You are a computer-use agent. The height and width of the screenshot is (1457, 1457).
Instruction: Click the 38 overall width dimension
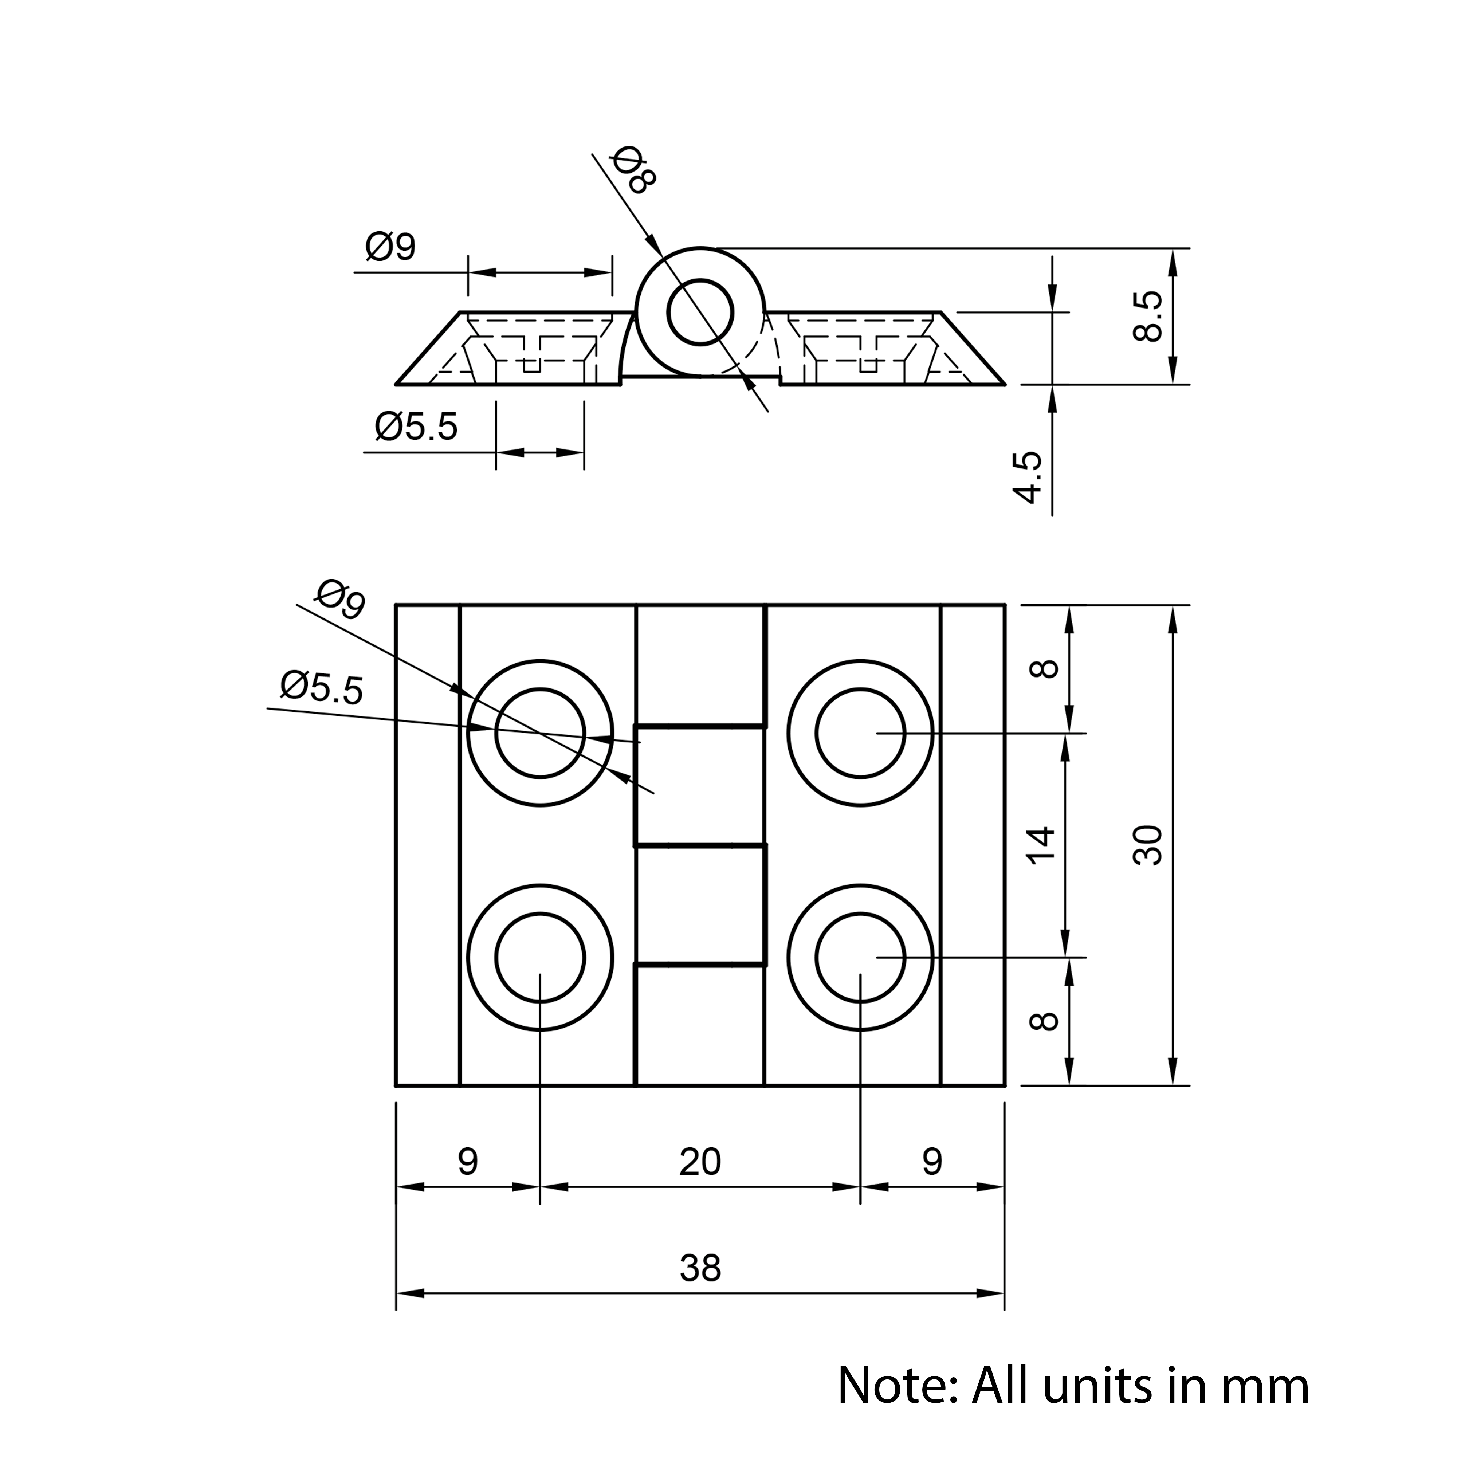(700, 1268)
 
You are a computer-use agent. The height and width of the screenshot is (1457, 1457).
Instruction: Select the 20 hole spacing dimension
(700, 1162)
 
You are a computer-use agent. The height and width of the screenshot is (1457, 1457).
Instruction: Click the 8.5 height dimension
(1148, 317)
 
